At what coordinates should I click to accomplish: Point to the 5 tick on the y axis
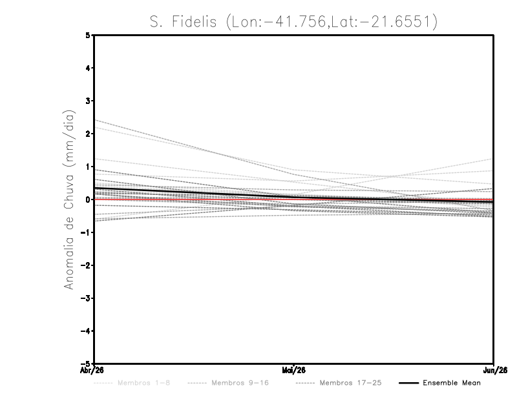point(88,36)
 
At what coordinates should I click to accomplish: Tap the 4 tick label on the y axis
point(88,68)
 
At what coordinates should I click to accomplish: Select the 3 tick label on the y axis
point(88,101)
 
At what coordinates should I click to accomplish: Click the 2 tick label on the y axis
point(88,134)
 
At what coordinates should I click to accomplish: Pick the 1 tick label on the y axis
point(88,167)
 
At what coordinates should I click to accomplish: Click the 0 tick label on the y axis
point(88,200)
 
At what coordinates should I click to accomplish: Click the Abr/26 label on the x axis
point(94,370)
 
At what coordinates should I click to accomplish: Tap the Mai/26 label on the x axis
point(294,370)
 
